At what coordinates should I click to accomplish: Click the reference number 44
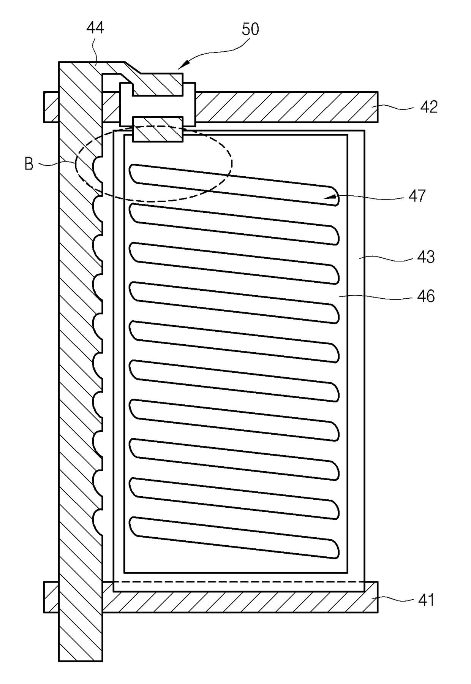pyautogui.click(x=95, y=28)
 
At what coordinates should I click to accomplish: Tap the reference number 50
pyautogui.click(x=250, y=29)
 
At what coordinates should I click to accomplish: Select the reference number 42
pyautogui.click(x=428, y=107)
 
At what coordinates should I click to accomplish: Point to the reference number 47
pyautogui.click(x=417, y=196)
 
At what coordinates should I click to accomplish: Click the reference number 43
pyautogui.click(x=426, y=257)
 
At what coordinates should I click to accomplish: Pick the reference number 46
pyautogui.click(x=426, y=296)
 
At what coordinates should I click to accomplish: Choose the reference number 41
pyautogui.click(x=426, y=600)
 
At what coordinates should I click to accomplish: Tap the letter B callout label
pyautogui.click(x=29, y=164)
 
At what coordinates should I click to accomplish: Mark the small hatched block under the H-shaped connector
pyautogui.click(x=158, y=130)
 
